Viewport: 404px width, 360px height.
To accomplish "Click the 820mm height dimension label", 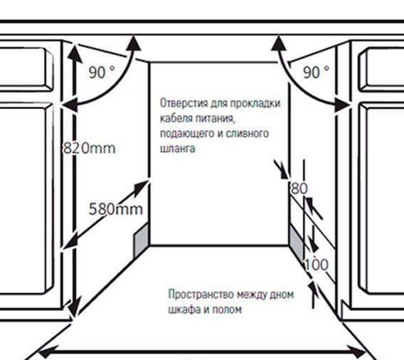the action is (89, 148).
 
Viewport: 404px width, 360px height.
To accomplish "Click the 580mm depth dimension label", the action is (115, 208).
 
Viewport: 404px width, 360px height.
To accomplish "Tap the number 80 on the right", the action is (299, 189).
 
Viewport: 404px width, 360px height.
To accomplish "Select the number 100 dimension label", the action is (317, 265).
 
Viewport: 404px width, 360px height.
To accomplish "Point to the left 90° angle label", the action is (102, 72).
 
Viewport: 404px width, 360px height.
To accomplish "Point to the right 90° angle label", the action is (316, 72).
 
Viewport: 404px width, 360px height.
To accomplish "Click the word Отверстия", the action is (184, 103).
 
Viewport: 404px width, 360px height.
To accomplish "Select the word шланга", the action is (178, 149).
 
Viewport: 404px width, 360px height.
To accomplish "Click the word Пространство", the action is (201, 295).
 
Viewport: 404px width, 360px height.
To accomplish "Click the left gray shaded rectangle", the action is (142, 240).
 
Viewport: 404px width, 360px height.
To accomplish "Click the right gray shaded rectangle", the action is (297, 243).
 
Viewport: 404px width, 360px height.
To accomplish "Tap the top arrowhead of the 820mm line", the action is (75, 53).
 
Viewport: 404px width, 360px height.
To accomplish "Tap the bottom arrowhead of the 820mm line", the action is (74, 307).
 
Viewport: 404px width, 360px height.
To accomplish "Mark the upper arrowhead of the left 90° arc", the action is (134, 43).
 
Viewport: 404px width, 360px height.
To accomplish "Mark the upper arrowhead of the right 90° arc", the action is (279, 43).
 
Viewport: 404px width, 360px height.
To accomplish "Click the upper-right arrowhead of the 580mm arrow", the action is (142, 187).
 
